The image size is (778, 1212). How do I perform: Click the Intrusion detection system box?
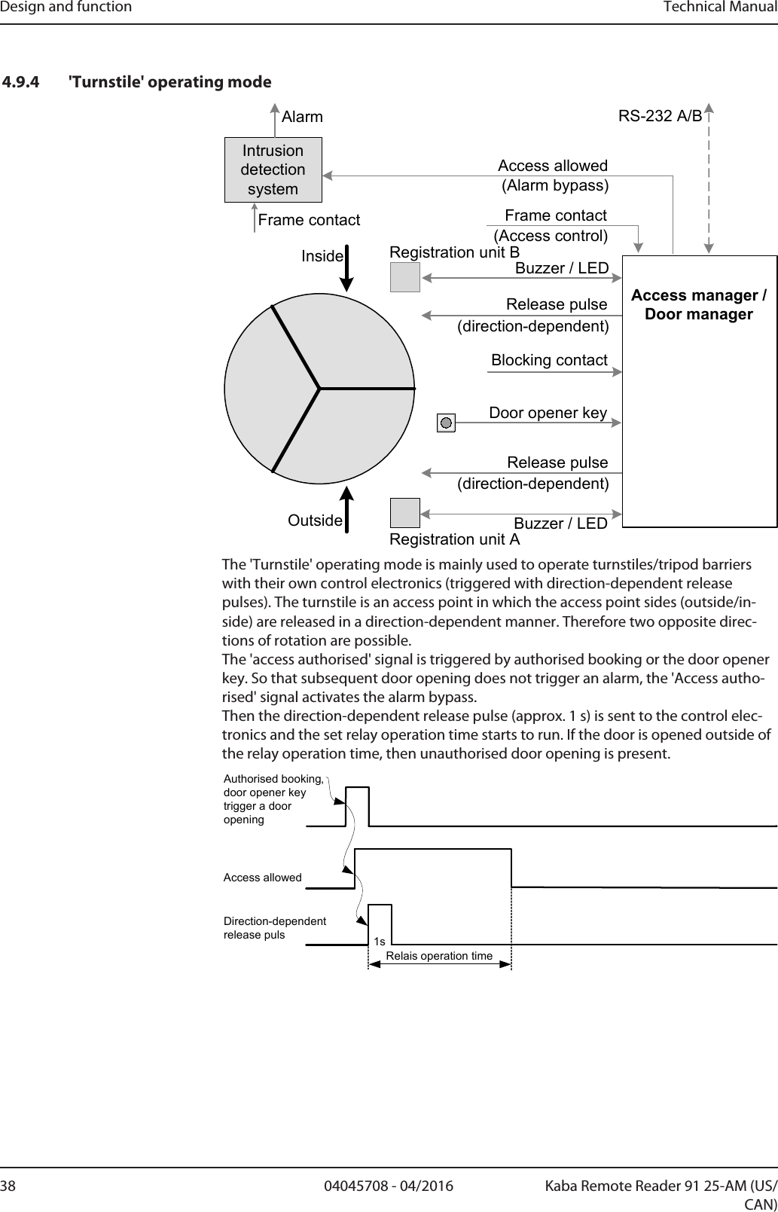(x=273, y=169)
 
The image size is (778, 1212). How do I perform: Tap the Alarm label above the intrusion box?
(x=302, y=117)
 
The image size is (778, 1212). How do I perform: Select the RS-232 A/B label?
(x=660, y=116)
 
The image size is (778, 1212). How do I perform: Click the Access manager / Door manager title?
(x=698, y=304)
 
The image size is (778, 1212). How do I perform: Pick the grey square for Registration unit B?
(x=404, y=276)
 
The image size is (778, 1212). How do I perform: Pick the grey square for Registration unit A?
(x=404, y=513)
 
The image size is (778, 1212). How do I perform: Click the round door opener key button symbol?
(x=447, y=423)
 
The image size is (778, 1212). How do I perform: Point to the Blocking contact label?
(x=549, y=360)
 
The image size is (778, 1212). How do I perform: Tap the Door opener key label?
(x=548, y=413)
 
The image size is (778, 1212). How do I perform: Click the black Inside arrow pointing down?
(x=347, y=267)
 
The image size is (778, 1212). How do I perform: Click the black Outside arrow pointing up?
(x=347, y=509)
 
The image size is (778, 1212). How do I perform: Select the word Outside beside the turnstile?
(x=316, y=521)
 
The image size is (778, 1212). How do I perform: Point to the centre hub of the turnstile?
(x=320, y=389)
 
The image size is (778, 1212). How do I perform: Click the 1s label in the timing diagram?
(x=379, y=942)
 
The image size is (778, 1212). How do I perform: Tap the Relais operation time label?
(x=439, y=956)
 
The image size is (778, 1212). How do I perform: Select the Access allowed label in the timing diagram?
(x=262, y=878)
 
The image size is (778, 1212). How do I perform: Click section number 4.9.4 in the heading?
(x=23, y=81)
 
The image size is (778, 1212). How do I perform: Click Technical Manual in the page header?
(x=720, y=8)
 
